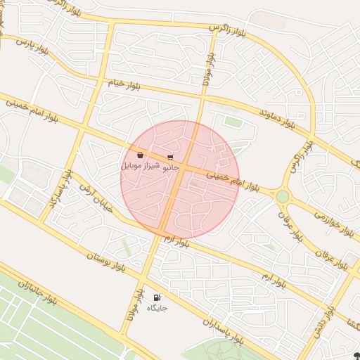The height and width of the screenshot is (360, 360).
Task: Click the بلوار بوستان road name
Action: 106,262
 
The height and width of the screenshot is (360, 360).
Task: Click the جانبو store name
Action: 171,169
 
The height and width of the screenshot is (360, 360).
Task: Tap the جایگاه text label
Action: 156,309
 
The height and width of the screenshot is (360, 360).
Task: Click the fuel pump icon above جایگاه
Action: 156,298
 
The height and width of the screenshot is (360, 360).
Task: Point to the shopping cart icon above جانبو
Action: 171,157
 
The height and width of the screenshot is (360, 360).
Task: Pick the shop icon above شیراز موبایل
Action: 141,155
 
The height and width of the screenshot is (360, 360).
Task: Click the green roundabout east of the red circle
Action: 283,196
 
